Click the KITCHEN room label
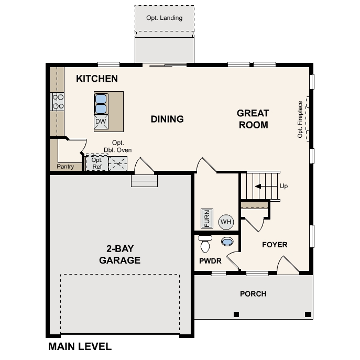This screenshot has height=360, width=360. point(97,79)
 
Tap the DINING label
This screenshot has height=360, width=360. point(167,119)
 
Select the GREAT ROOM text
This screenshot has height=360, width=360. point(253,119)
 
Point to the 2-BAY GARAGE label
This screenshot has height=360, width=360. point(120,254)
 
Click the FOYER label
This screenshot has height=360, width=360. point(275,245)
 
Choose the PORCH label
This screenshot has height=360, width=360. point(253,294)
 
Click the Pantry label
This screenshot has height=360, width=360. point(65,167)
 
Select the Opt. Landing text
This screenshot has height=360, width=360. point(165,18)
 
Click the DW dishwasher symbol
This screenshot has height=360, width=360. point(101,122)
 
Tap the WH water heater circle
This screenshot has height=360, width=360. point(225,222)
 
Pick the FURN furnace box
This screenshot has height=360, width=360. point(206,218)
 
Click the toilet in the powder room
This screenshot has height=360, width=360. point(205,244)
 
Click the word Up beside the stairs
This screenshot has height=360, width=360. point(283,186)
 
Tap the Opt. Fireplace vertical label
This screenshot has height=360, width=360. point(300,119)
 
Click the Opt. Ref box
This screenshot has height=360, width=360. point(97,163)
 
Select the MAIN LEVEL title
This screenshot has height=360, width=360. point(80,346)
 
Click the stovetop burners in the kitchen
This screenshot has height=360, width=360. point(57,101)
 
